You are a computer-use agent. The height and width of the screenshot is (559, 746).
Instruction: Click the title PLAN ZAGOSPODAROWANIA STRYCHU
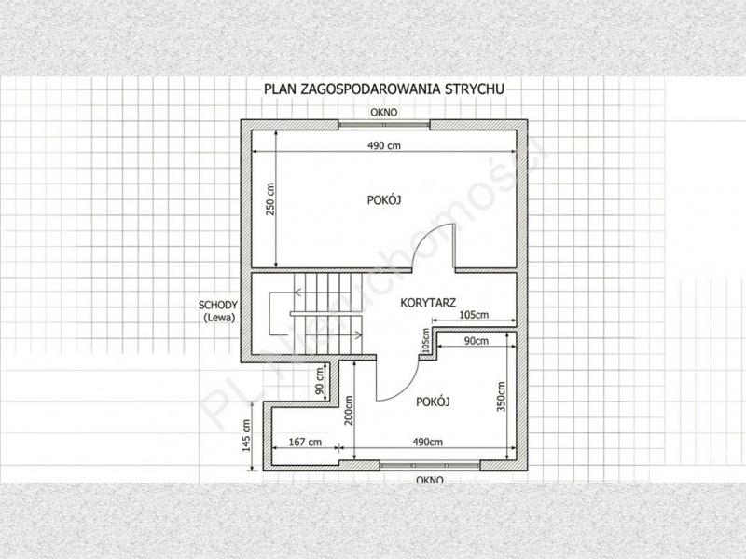pos(383,89)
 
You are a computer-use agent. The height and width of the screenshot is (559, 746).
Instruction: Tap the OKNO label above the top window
pos(384,113)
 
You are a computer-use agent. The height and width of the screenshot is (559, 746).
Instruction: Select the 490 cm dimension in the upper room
pos(384,145)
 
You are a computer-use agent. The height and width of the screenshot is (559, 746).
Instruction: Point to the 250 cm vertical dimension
pos(270,199)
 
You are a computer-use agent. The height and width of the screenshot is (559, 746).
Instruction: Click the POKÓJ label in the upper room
pos(384,199)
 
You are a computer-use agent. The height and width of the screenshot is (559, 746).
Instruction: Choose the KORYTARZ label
pos(428,303)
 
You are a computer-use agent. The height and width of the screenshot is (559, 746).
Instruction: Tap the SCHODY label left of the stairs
pos(218,306)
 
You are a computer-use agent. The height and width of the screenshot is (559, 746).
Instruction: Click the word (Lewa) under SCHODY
pos(219,319)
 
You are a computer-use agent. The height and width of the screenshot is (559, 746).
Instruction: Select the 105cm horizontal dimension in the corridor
pos(474,315)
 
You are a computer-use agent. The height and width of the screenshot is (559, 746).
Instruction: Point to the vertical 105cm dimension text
pos(425,340)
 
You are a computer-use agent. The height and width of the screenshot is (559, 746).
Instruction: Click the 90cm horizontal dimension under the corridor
pos(477,341)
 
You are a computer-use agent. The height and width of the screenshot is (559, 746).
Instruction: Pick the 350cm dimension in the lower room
pos(501,397)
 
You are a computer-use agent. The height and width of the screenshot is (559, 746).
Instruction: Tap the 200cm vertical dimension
pos(349,411)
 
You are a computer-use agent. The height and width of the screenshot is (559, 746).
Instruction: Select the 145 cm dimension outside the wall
pos(246,435)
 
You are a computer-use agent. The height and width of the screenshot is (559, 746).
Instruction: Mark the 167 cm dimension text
pos(305,442)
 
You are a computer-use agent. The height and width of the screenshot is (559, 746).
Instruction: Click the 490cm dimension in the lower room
pos(427,442)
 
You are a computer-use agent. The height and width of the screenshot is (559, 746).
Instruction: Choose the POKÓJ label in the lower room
pos(433,402)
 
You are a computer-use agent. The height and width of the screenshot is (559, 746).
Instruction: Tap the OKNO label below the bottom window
pos(430,480)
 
